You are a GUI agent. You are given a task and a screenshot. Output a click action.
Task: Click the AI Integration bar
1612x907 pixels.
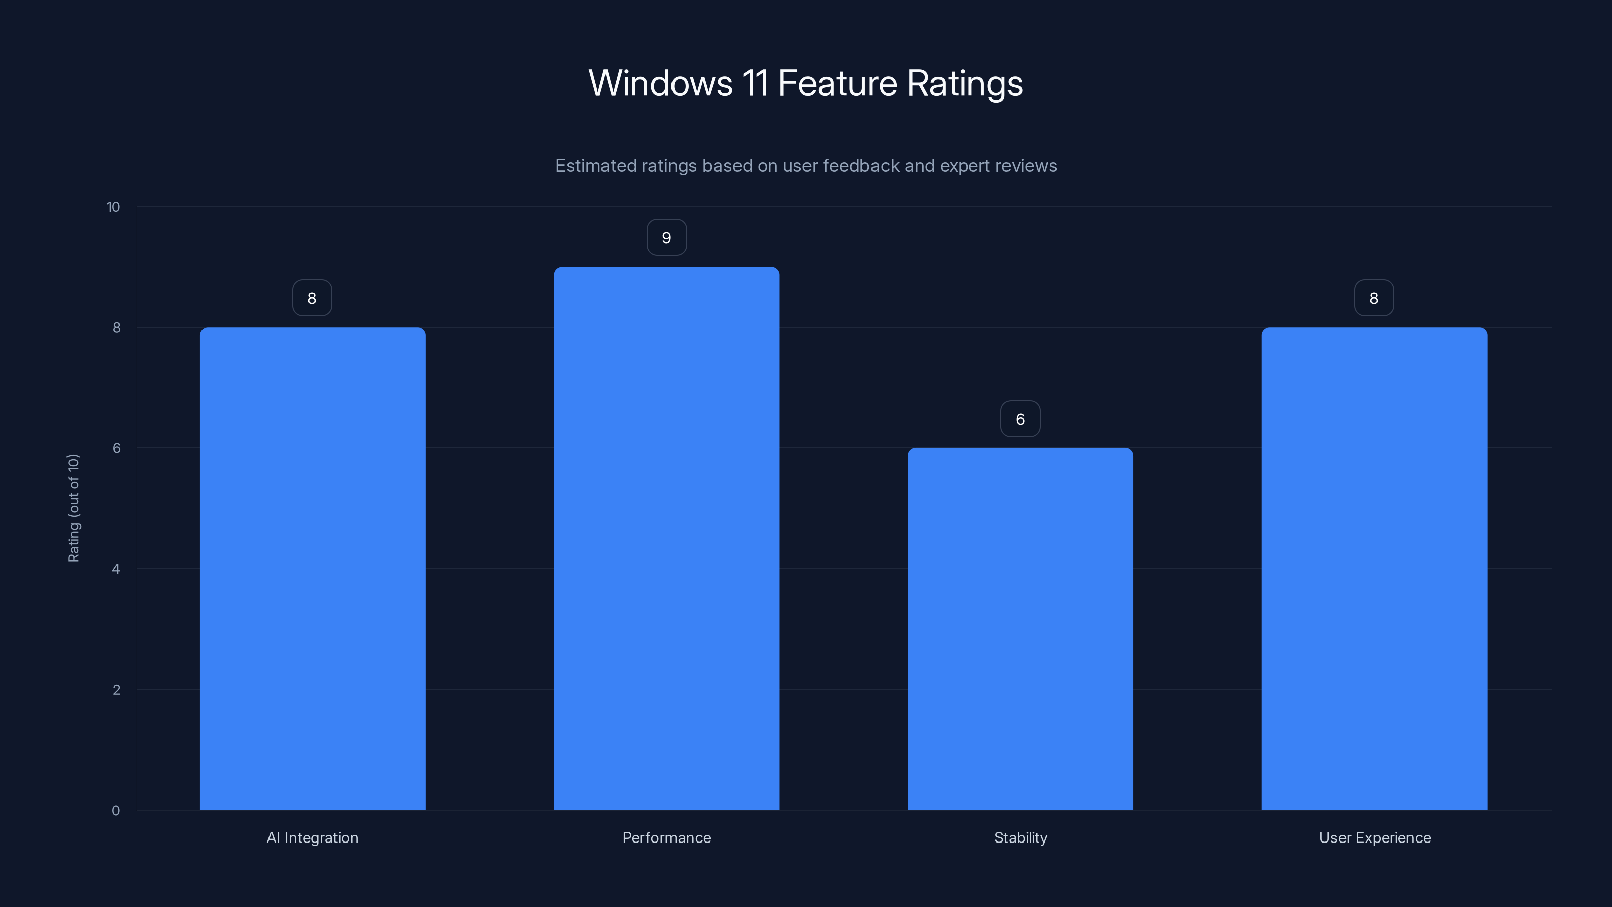tap(312, 568)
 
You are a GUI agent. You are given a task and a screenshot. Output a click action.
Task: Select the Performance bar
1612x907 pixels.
tap(666, 538)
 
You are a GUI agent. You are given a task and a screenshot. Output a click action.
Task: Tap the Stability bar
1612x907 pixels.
tap(1020, 628)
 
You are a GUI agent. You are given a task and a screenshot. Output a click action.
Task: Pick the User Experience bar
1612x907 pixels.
tap(1374, 568)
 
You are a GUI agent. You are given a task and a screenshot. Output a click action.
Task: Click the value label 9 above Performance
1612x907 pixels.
tap(666, 238)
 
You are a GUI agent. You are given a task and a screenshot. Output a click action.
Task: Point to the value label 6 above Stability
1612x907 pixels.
tap(1020, 419)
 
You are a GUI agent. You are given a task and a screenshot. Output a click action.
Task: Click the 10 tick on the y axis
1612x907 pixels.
tap(113, 207)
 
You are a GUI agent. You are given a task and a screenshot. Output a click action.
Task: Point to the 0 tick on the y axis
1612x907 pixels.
tap(116, 811)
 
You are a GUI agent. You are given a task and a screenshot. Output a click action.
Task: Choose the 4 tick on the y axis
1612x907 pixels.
tap(116, 569)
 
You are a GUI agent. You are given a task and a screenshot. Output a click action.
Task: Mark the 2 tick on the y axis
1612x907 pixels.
tap(116, 690)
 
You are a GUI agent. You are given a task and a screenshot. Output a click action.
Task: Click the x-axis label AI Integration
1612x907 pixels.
tap(312, 837)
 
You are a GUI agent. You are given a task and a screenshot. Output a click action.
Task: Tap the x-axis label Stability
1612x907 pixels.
tap(1021, 837)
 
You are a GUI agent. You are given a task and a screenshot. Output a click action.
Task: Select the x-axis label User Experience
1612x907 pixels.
tap(1375, 837)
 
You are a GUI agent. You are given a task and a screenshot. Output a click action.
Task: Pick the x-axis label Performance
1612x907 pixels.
tap(666, 837)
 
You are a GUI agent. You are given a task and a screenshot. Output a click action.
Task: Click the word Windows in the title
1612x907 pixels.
tap(660, 83)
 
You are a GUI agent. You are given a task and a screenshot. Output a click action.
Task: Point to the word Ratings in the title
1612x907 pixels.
tap(964, 83)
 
